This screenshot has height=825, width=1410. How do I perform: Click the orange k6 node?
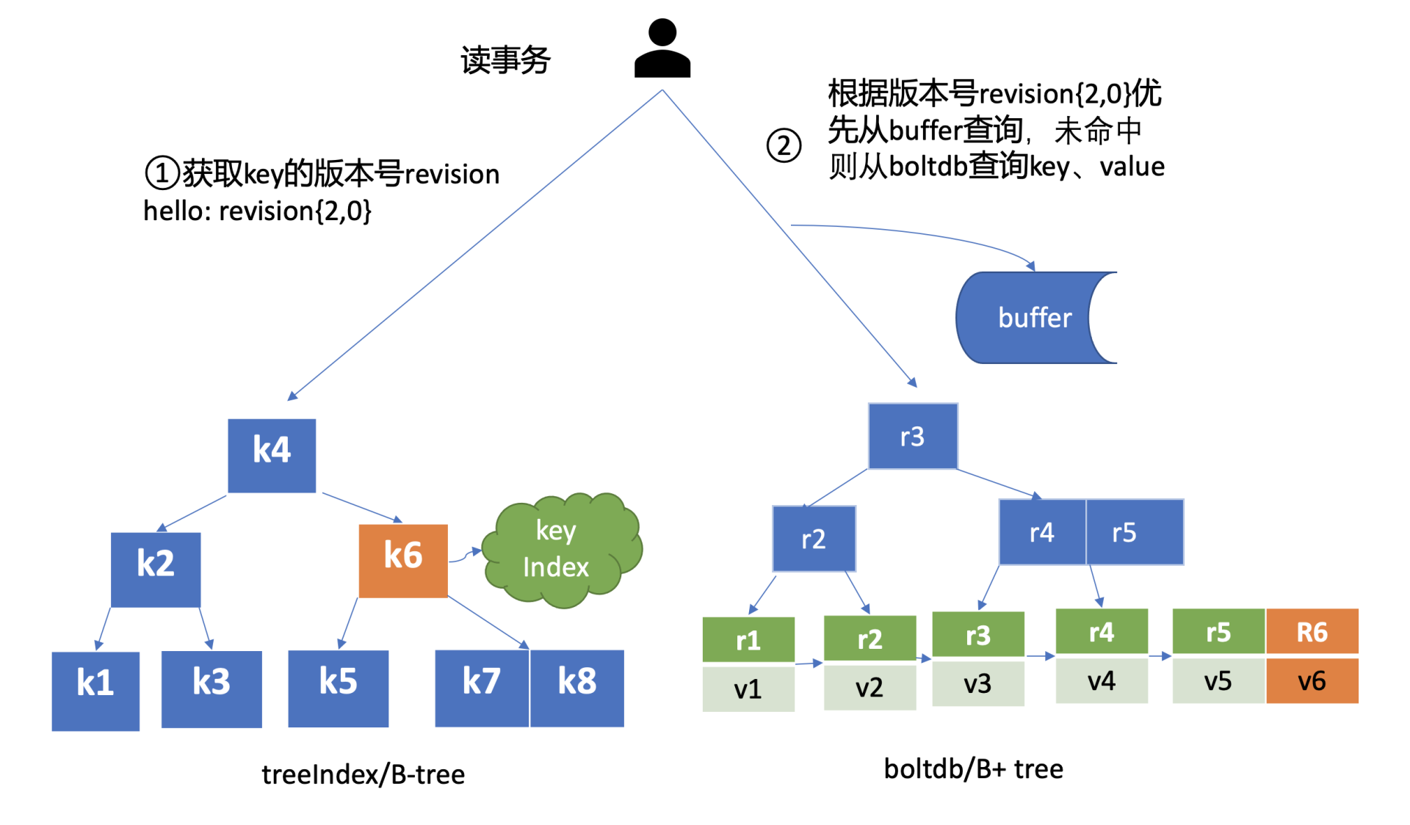[403, 560]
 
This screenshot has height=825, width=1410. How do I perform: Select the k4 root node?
[272, 455]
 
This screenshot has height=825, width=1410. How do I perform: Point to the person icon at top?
[662, 48]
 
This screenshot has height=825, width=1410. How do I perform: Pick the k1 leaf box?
[95, 690]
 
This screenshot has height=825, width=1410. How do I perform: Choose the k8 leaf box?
[577, 688]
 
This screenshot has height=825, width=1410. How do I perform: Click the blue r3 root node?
[913, 436]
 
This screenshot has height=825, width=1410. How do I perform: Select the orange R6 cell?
[1312, 631]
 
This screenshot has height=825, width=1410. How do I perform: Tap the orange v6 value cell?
[1312, 681]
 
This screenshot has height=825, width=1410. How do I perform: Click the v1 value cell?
[748, 688]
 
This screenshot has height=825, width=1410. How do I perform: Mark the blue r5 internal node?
[1134, 532]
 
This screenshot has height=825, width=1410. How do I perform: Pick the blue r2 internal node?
[814, 539]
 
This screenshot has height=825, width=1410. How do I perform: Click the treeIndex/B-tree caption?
[363, 775]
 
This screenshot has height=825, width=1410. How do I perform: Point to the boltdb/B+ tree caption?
[973, 769]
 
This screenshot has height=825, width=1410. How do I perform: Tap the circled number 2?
[784, 145]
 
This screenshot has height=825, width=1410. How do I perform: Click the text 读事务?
[505, 60]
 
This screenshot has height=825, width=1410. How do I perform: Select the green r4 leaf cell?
[1102, 631]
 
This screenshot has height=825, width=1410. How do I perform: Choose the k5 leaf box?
[339, 688]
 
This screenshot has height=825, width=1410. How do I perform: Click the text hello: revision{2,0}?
[257, 211]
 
